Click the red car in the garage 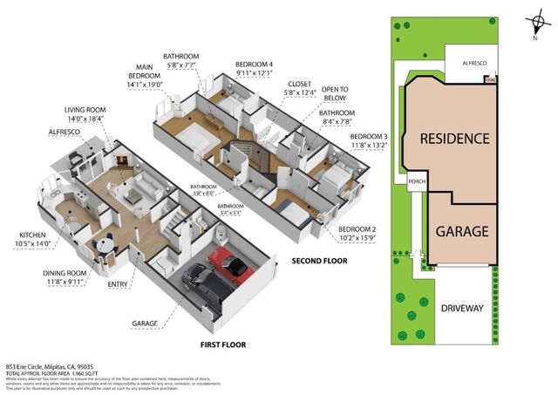(228, 264)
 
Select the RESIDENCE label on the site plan (453, 139)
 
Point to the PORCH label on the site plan (416, 182)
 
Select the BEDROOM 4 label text (254, 64)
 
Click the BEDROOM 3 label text (369, 137)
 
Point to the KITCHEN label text (35, 235)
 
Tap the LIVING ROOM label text (85, 110)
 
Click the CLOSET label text (297, 85)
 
